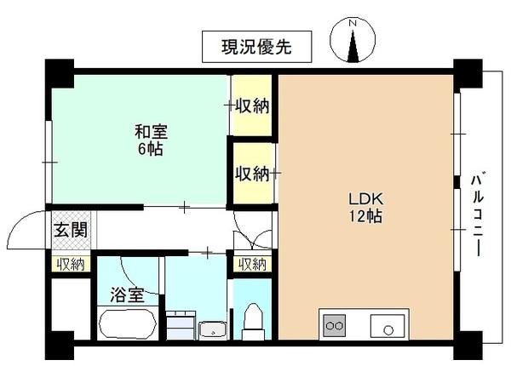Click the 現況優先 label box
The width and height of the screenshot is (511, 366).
coord(257,47)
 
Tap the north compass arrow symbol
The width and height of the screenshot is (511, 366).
coord(357,42)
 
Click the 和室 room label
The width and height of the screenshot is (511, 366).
coord(151,132)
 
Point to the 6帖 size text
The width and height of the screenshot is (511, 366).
coord(151,149)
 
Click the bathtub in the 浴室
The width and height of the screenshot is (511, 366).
coord(128,323)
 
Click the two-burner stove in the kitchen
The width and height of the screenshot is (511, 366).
coord(334,324)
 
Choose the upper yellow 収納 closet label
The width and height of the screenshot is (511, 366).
coord(253,106)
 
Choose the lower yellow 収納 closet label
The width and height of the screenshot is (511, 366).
coord(253,174)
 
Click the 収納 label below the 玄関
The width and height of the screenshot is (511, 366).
coord(71,264)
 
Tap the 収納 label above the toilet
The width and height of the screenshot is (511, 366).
coord(253,264)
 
